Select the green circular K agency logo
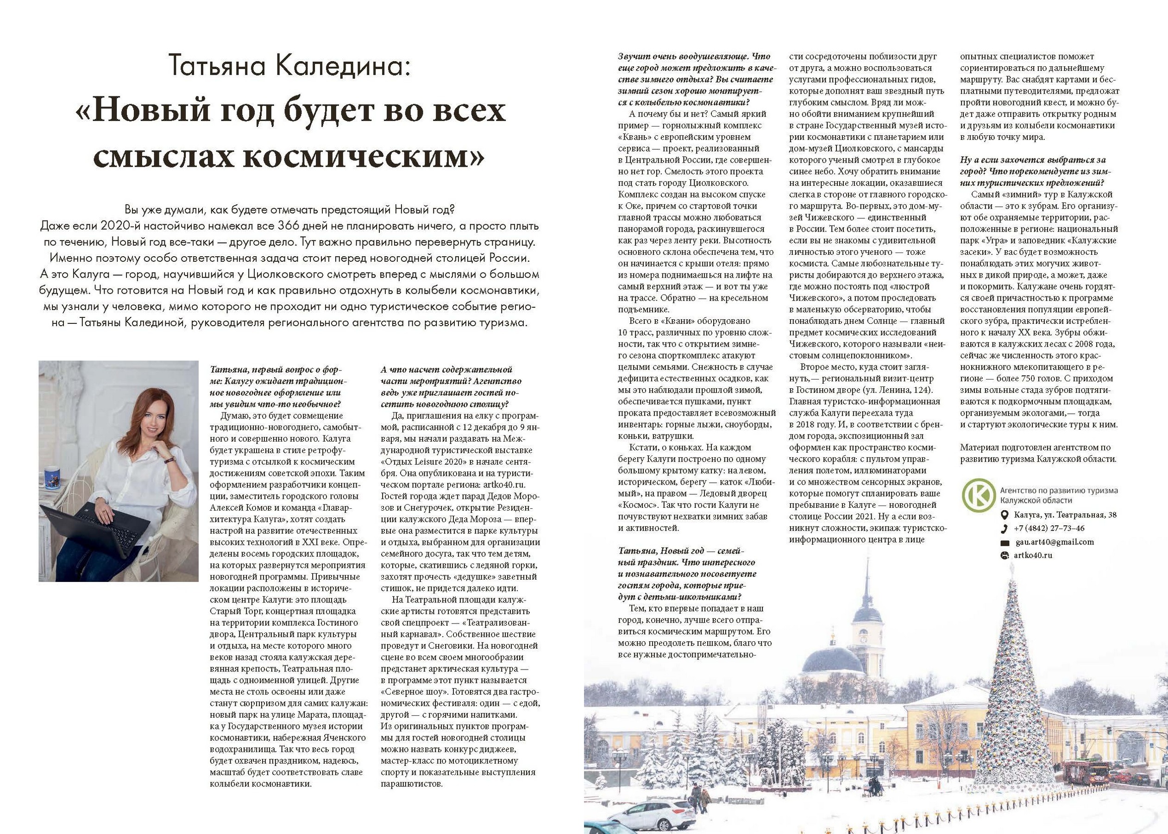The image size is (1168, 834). point(978,496)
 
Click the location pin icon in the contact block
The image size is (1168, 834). point(1005,515)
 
